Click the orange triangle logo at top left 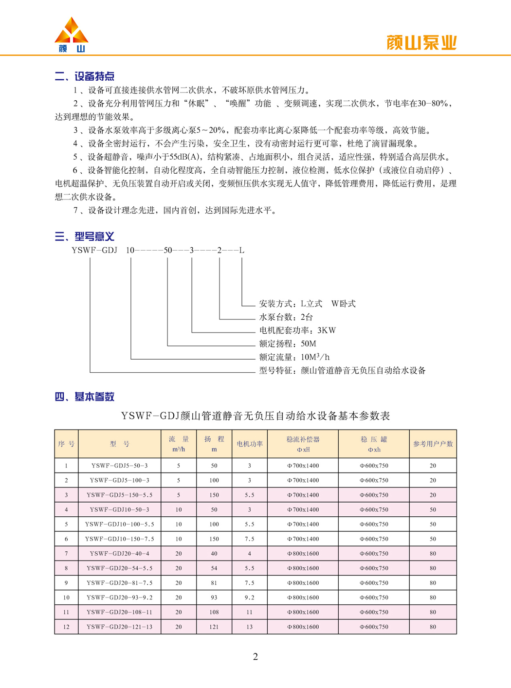point(71,30)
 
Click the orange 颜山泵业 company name point(421,43)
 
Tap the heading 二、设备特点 point(85,76)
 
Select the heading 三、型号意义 point(85,237)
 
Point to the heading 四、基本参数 point(85,397)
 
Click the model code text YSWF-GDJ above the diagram point(94,251)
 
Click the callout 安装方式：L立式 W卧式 point(307,304)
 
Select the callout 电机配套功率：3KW point(297,331)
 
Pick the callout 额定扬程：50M point(288,344)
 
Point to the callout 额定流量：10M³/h point(294,357)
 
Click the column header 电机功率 point(250,444)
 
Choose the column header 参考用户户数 point(433,444)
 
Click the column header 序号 point(66,444)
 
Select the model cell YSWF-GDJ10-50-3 point(119,510)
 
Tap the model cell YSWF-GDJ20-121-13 point(119,627)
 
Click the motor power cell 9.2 point(250,597)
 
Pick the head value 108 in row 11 point(214,612)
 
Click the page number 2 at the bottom point(255,657)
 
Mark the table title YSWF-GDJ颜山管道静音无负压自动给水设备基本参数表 point(255,416)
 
